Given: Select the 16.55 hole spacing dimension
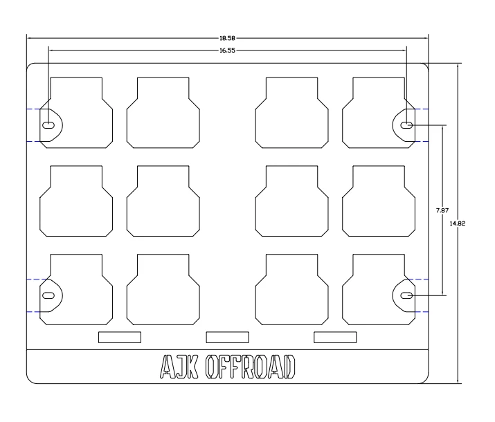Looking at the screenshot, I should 227,51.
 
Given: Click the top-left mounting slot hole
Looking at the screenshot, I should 49,125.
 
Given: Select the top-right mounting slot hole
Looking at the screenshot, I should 407,125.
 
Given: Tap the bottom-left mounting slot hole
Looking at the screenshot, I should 49,295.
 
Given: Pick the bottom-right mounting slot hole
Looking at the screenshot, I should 407,295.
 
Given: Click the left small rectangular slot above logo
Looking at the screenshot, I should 119,337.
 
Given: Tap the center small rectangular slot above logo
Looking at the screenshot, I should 227,337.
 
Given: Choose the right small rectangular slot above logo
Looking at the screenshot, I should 335,337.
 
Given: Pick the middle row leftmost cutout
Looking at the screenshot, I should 75,201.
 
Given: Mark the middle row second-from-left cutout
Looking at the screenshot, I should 163,201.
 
